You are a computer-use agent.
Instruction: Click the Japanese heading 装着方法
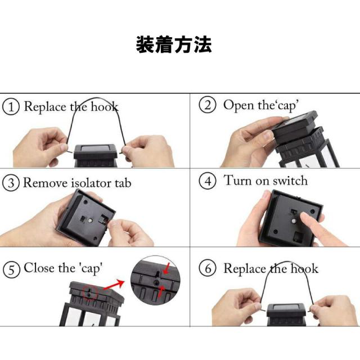pyautogui.click(x=173, y=44)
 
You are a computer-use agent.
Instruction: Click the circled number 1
pyautogui.click(x=11, y=107)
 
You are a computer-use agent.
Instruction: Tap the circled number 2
pyautogui.click(x=209, y=105)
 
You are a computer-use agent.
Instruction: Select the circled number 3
pyautogui.click(x=11, y=183)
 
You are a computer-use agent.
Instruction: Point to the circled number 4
pyautogui.click(x=209, y=182)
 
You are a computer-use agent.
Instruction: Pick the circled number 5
pyautogui.click(x=11, y=269)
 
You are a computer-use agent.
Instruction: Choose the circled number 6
pyautogui.click(x=209, y=269)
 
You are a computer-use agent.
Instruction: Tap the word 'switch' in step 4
pyautogui.click(x=290, y=181)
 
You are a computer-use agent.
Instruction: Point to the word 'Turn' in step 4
pyautogui.click(x=237, y=181)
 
